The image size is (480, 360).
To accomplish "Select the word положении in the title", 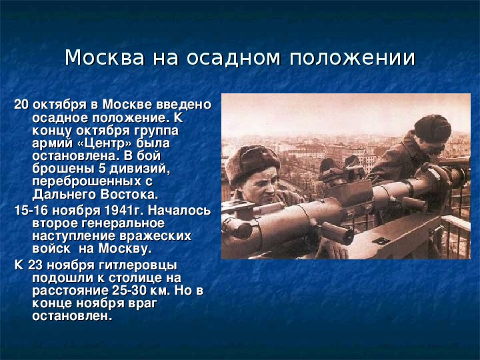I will [353, 58].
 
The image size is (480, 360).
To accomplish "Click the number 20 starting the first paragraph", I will [21, 105].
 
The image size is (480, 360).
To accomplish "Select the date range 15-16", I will [31, 211].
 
